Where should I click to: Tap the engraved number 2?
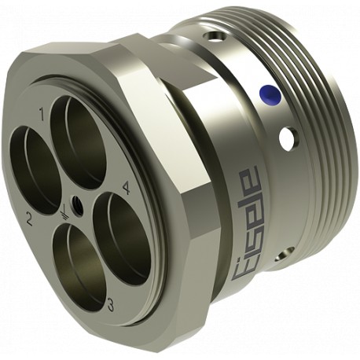[29, 218]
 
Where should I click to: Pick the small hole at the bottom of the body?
[282, 253]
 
